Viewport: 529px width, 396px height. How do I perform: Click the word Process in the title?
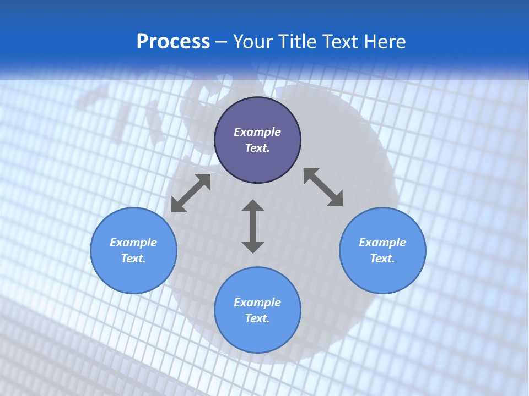tap(173, 42)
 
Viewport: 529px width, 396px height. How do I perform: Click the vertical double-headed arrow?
tap(253, 226)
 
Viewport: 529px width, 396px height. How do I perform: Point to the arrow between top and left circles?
tap(191, 193)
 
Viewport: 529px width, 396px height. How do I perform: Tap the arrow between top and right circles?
tap(323, 187)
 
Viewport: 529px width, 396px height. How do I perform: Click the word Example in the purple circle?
tap(257, 132)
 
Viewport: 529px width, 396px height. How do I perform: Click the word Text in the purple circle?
tap(257, 148)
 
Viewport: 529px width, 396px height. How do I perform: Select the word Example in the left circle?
tap(133, 243)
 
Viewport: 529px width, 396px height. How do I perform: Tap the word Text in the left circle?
tap(133, 258)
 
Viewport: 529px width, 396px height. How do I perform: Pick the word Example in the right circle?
tap(382, 243)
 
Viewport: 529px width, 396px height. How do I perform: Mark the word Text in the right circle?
tap(382, 258)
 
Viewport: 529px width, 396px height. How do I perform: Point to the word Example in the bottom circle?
tap(257, 302)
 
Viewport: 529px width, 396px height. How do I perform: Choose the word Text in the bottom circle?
tap(257, 318)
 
